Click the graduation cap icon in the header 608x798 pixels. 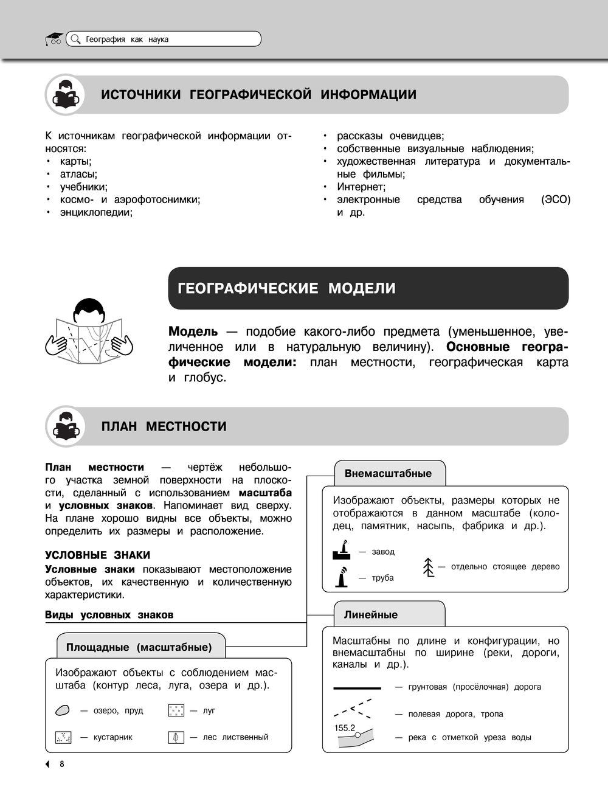[54, 39]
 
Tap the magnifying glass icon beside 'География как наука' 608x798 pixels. [75, 40]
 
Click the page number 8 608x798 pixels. [61, 764]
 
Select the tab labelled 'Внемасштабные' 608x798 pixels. [388, 473]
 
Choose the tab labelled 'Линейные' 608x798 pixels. [371, 614]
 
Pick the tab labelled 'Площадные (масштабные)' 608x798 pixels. [139, 647]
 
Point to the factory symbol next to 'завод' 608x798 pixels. [342, 551]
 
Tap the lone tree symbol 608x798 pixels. [429, 567]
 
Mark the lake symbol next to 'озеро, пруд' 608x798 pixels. [63, 710]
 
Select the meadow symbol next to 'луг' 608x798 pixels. [176, 710]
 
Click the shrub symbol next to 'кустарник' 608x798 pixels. [63, 737]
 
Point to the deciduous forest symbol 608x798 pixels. [176, 737]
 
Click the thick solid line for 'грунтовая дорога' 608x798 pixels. [357, 688]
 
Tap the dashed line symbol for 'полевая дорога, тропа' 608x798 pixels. [354, 709]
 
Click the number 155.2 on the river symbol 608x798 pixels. [345, 727]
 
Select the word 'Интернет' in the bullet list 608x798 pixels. [361, 187]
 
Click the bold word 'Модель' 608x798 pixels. [193, 331]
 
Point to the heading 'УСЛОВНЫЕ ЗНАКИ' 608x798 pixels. [97, 555]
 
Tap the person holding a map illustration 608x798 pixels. [90, 331]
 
